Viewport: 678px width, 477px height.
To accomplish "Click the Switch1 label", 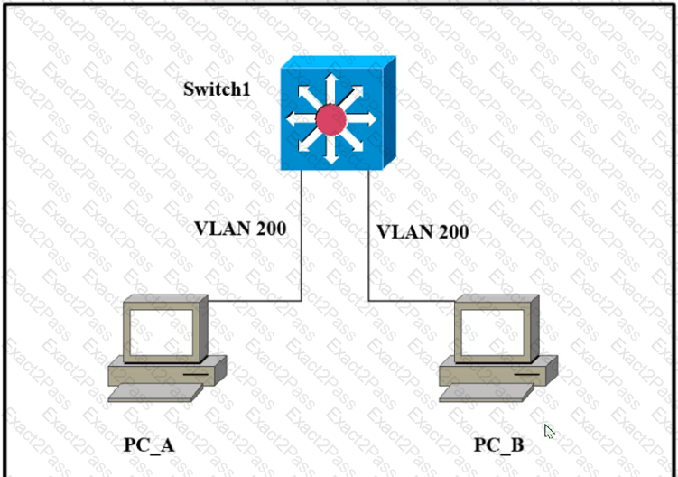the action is click(217, 89).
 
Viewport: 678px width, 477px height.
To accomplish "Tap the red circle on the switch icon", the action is click(331, 119).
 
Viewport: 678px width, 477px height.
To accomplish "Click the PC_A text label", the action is click(149, 445).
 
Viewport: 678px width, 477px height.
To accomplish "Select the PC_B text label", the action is click(499, 445).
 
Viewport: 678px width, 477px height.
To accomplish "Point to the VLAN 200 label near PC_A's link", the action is click(240, 229).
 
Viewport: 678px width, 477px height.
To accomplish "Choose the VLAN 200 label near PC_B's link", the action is click(423, 231).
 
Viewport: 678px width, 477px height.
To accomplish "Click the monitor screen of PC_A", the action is click(162, 332).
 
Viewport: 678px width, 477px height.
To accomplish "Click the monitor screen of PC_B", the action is click(493, 332).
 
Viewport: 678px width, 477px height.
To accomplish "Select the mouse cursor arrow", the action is click(549, 431).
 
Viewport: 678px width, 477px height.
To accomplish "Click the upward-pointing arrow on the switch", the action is click(331, 89).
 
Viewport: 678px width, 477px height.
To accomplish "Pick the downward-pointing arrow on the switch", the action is click(331, 149).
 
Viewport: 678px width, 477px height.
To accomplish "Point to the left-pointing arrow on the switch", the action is click(301, 119).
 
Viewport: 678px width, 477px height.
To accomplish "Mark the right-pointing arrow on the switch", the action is click(361, 119).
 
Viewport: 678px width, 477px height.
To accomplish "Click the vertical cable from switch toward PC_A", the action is click(302, 235).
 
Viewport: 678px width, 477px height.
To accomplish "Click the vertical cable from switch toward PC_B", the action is click(368, 235).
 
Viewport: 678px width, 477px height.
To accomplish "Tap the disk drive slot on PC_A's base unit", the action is click(195, 374).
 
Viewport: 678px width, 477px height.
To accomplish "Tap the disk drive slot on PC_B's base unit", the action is click(526, 374).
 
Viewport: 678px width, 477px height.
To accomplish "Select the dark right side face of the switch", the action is click(389, 113).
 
